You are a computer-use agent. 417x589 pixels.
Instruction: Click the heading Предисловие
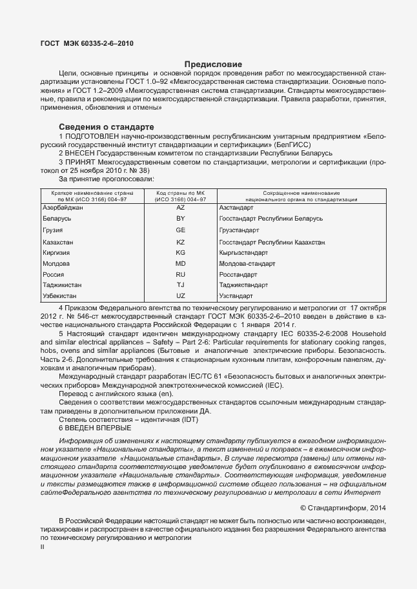point(213,65)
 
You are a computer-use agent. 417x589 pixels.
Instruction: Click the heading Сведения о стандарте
point(106,126)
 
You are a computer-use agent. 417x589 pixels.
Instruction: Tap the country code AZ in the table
point(181,208)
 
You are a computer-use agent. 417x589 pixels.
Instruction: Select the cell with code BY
point(181,219)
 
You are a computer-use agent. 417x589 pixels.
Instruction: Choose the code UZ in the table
point(181,295)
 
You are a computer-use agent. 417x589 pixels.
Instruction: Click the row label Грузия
point(52,230)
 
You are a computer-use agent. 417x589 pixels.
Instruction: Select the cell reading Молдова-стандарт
point(247,263)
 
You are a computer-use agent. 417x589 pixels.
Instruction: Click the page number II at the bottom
point(43,547)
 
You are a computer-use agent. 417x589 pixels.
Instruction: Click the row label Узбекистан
point(60,295)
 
